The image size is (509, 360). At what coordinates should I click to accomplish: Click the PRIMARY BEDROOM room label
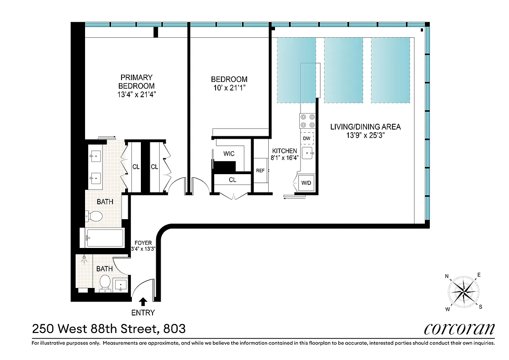pyautogui.click(x=136, y=81)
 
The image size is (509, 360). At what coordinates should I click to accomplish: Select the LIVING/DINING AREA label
pyautogui.click(x=365, y=126)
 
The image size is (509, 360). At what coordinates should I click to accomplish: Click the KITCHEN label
pyautogui.click(x=284, y=151)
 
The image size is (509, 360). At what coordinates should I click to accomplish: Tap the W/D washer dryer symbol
pyautogui.click(x=306, y=183)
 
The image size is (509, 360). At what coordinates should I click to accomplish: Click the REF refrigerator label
pyautogui.click(x=260, y=171)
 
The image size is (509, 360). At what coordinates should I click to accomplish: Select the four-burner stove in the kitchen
pyautogui.click(x=307, y=121)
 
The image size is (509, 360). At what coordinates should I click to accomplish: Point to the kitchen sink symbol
pyautogui.click(x=308, y=153)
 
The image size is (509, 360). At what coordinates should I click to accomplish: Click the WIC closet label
pyautogui.click(x=229, y=154)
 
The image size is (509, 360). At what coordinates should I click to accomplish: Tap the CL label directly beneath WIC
pyautogui.click(x=232, y=180)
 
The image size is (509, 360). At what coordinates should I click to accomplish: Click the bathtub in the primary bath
pyautogui.click(x=105, y=238)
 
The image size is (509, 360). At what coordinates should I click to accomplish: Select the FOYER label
pyautogui.click(x=143, y=243)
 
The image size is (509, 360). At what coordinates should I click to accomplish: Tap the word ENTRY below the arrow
pyautogui.click(x=143, y=313)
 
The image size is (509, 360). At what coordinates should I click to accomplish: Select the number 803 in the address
pyautogui.click(x=173, y=329)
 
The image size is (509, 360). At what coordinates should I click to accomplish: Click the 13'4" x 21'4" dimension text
pyautogui.click(x=136, y=94)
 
